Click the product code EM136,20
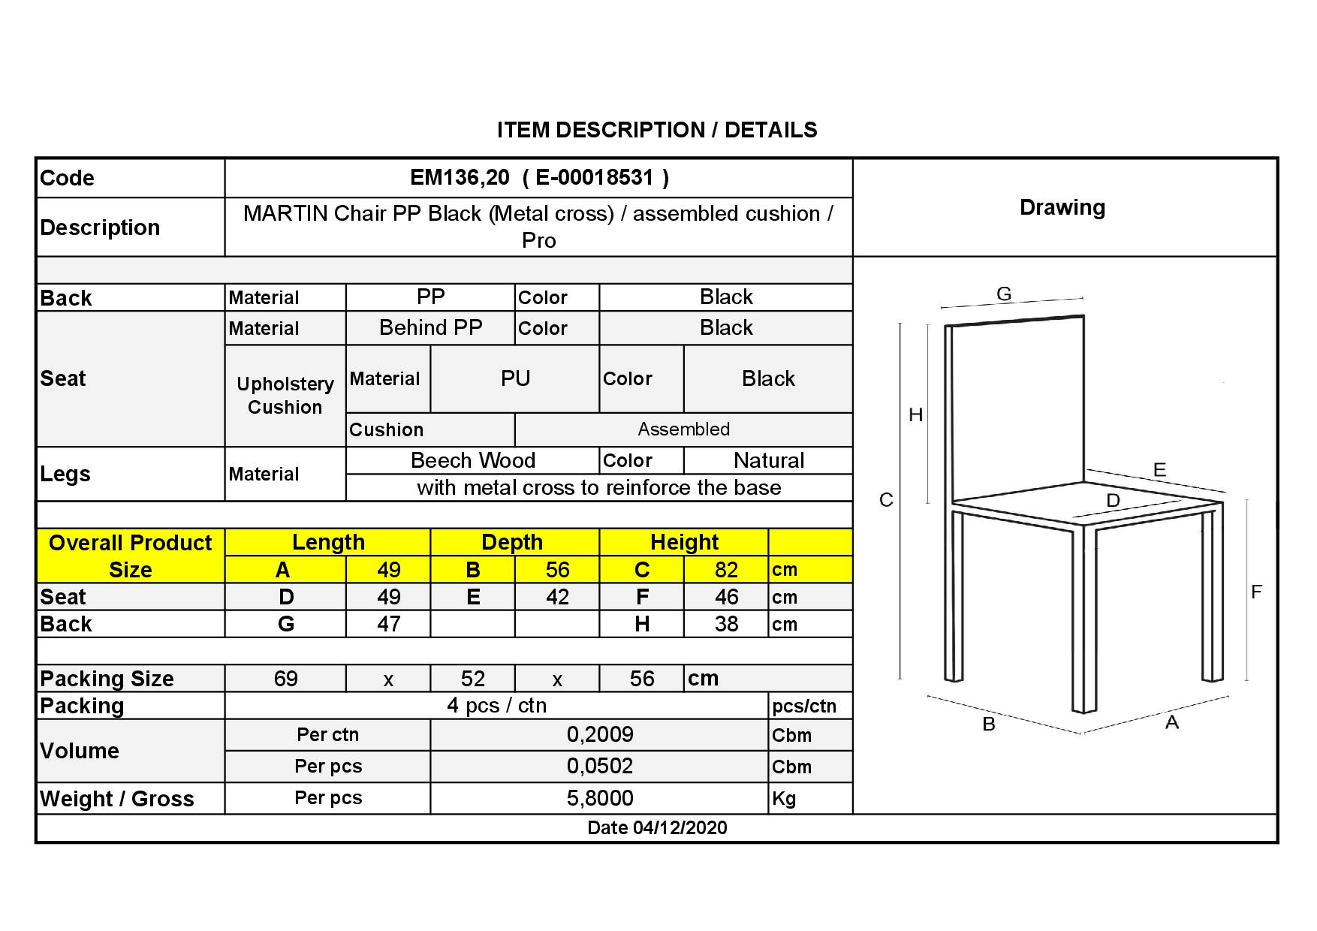(x=460, y=178)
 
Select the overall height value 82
(x=726, y=570)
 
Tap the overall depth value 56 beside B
(x=557, y=570)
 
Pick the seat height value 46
(x=726, y=597)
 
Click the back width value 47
(x=388, y=624)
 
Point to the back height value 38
(x=726, y=624)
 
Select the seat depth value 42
(x=557, y=597)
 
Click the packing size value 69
(x=285, y=679)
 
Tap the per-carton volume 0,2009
(x=600, y=734)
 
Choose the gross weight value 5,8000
(x=600, y=798)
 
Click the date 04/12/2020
(x=680, y=827)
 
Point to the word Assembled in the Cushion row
(x=683, y=429)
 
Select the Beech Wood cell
(x=473, y=460)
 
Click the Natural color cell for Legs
(x=768, y=460)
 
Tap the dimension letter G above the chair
(x=1004, y=294)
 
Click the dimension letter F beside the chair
(x=1256, y=592)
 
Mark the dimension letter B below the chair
(x=989, y=725)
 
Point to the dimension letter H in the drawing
(x=915, y=414)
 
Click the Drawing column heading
(x=1062, y=208)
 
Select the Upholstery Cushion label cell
(x=285, y=396)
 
